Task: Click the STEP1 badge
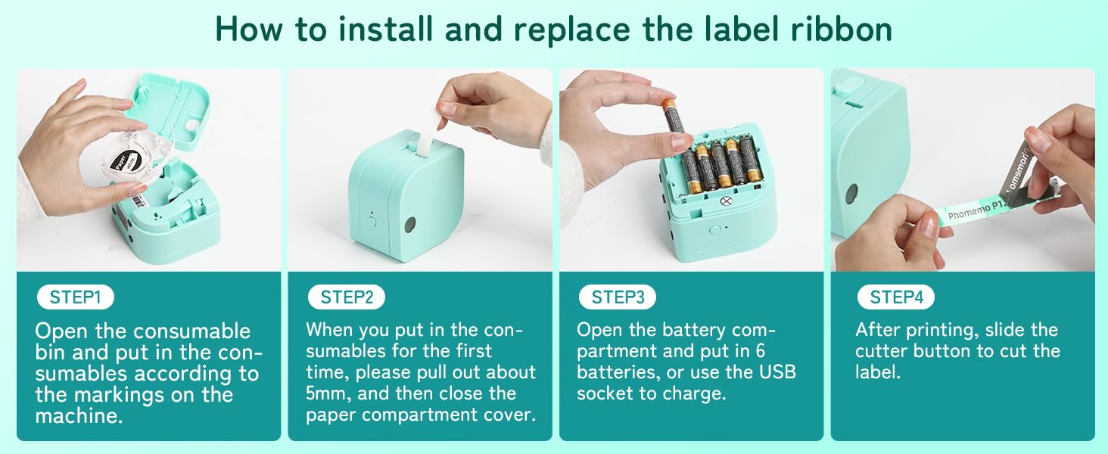coord(75,297)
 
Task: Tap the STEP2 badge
coord(347,297)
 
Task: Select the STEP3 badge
coord(618,297)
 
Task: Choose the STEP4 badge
coord(896,297)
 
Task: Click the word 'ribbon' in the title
coord(842,29)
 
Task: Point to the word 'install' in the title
coord(386,29)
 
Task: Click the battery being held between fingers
coord(674,119)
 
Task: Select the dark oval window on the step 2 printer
coord(409,225)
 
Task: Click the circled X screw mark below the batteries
coord(726,201)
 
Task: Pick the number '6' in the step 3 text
coord(761,350)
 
